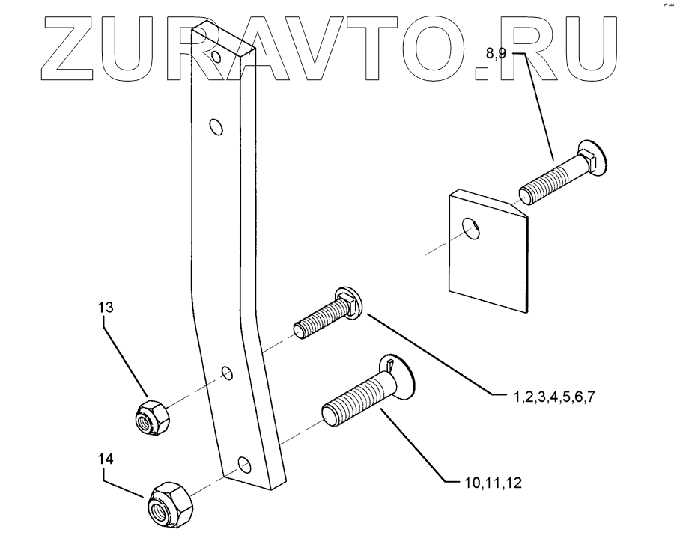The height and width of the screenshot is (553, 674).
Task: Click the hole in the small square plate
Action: tap(470, 228)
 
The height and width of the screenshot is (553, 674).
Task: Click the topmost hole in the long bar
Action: tap(217, 57)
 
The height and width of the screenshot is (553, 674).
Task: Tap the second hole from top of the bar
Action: tap(216, 128)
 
